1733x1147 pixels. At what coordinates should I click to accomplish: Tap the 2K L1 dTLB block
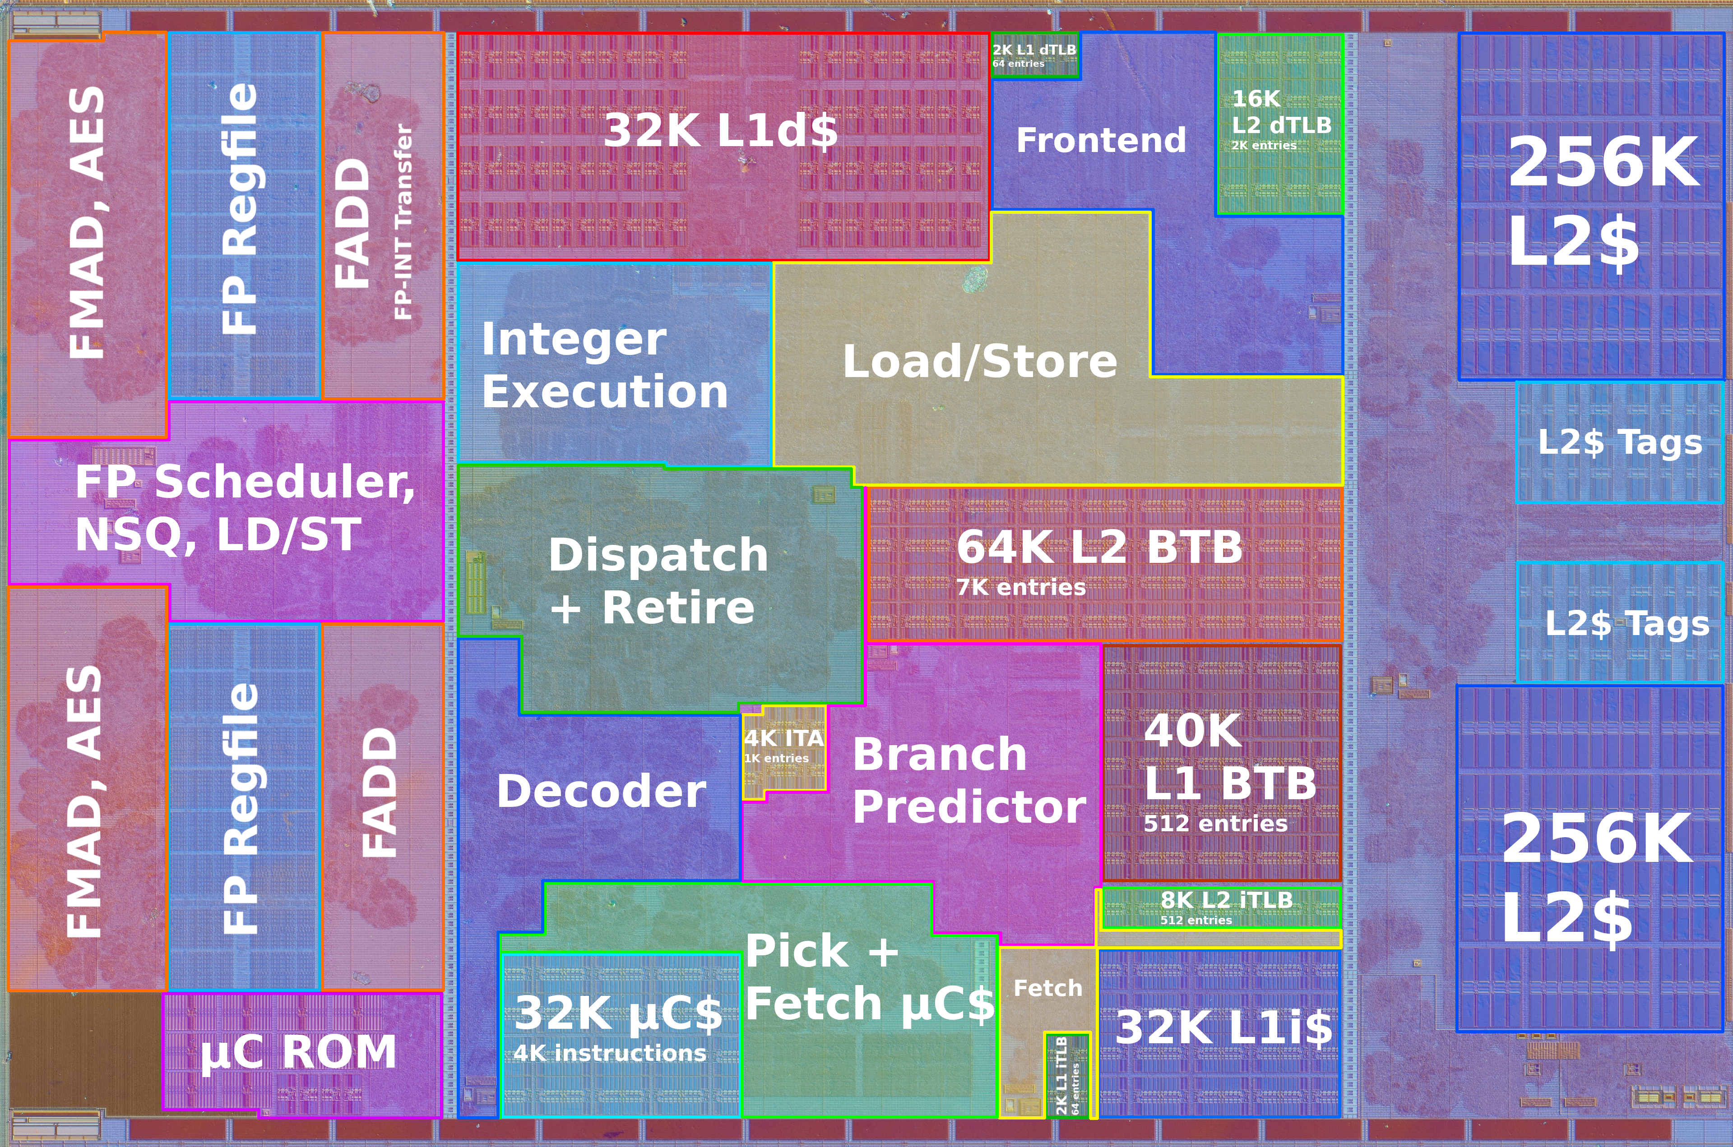pos(1034,55)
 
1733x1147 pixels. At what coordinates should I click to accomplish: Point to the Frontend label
pos(1101,140)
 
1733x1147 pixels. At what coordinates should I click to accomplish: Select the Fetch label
pos(1047,988)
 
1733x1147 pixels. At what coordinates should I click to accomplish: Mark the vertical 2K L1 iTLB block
pos(1067,1074)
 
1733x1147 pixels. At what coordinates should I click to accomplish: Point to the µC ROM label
pos(299,1053)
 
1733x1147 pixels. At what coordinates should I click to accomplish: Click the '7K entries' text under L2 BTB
pos(1021,587)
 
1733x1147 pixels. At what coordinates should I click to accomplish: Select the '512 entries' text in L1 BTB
pos(1215,824)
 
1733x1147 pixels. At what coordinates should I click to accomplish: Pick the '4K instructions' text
pos(610,1053)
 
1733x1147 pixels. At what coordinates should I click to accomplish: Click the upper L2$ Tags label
pos(1620,442)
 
